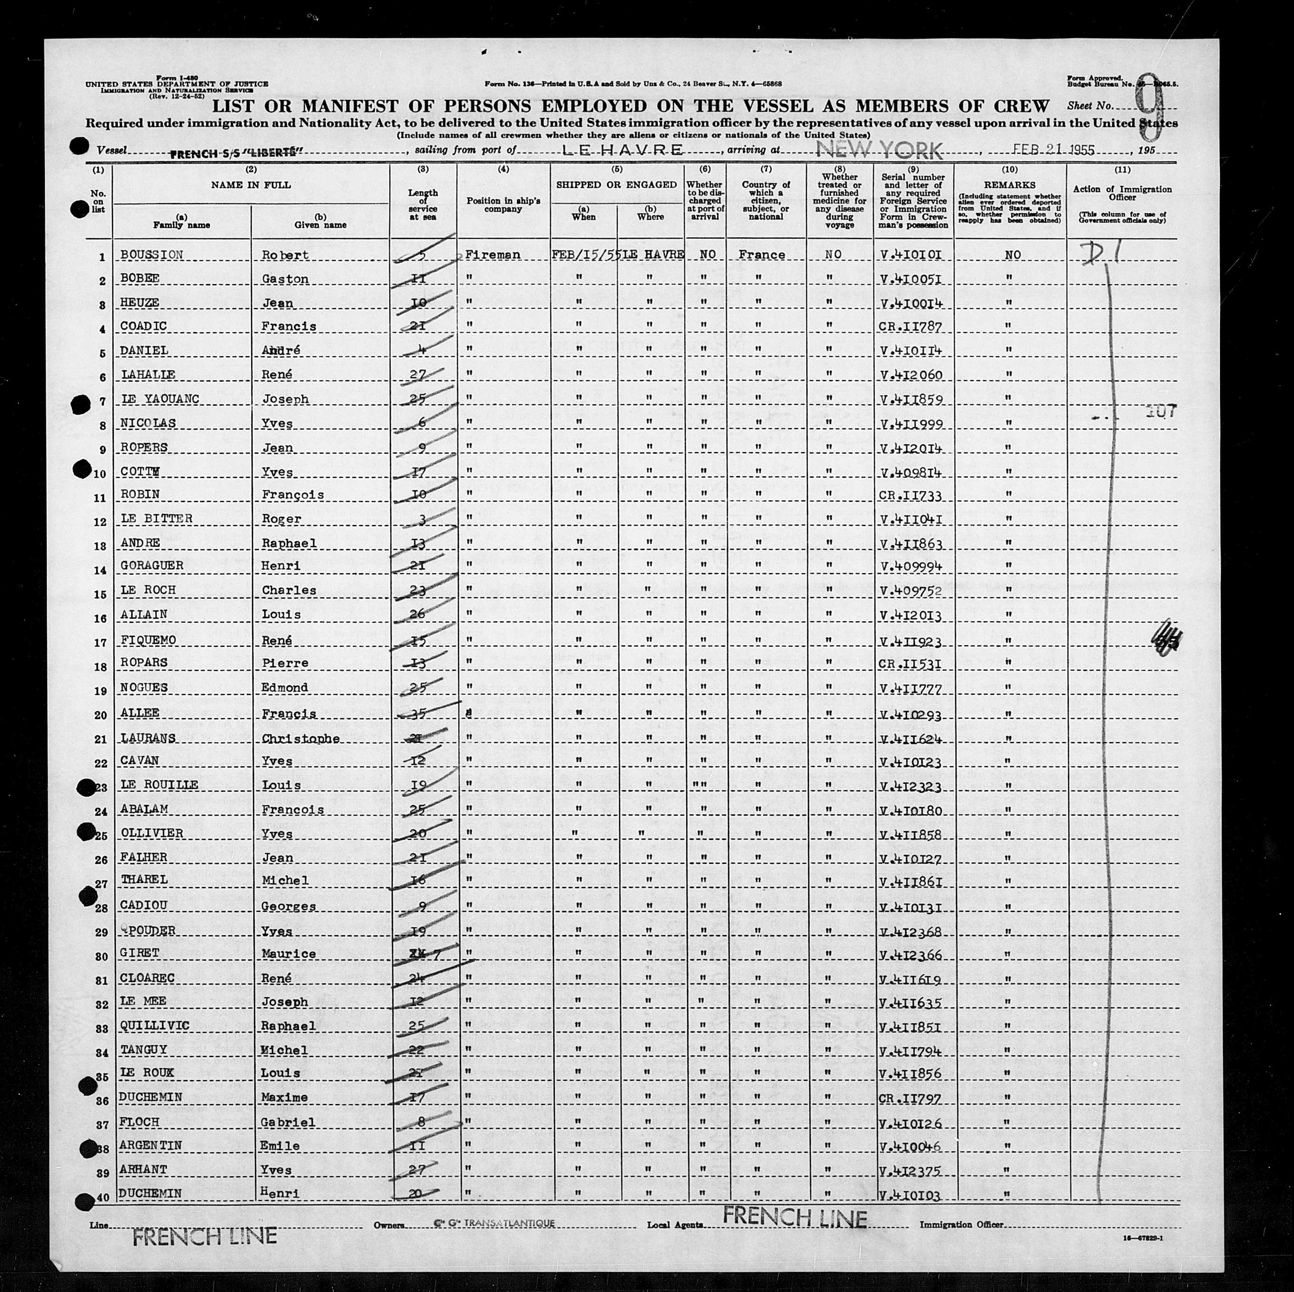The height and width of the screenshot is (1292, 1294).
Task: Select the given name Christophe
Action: click(x=300, y=738)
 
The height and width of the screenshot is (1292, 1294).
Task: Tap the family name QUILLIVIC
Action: click(x=155, y=1026)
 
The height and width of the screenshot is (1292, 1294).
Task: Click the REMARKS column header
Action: click(x=1009, y=185)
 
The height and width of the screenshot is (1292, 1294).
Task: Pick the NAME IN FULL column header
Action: click(x=251, y=185)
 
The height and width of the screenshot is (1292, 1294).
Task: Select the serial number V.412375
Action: click(x=912, y=1169)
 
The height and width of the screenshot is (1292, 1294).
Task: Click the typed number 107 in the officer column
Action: click(x=1161, y=413)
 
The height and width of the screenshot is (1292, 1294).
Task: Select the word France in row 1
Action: click(x=762, y=255)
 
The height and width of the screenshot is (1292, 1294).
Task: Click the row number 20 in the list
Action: click(x=101, y=715)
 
